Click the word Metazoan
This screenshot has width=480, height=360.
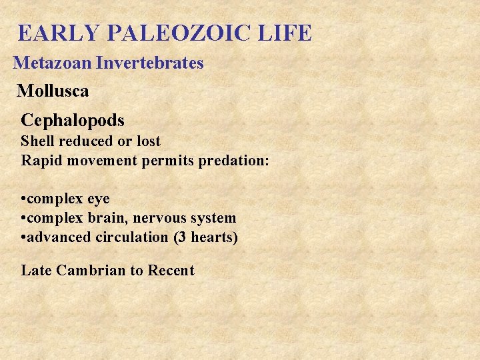pyautogui.click(x=52, y=63)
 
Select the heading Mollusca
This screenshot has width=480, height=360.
pyautogui.click(x=53, y=91)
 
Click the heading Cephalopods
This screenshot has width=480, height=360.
pyautogui.click(x=73, y=121)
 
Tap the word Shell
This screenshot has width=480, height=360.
pyautogui.click(x=37, y=141)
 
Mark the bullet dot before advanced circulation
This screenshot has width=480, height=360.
pyautogui.click(x=23, y=237)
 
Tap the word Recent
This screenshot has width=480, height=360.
pyautogui.click(x=171, y=271)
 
